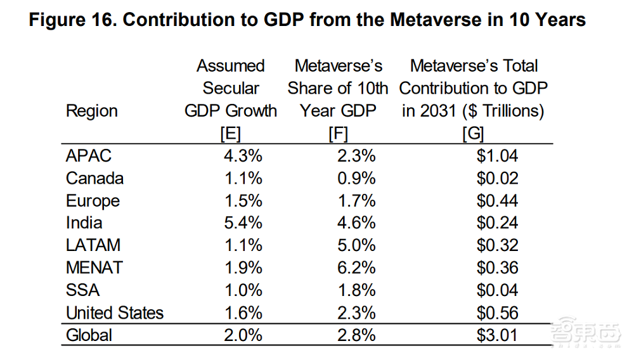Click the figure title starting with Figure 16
click(x=307, y=20)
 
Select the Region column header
click(x=91, y=111)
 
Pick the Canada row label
click(x=94, y=179)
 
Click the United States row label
click(x=115, y=313)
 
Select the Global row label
click(x=89, y=335)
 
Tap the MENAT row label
click(x=94, y=267)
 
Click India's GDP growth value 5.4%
click(x=243, y=223)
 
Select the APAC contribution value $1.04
click(x=497, y=156)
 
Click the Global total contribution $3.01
click(x=497, y=335)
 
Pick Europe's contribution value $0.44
click(x=497, y=201)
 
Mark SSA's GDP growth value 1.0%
click(x=243, y=290)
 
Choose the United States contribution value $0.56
click(x=497, y=313)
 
